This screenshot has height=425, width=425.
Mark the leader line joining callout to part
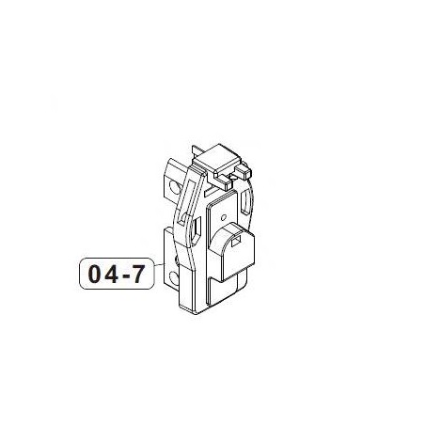[x=156, y=275]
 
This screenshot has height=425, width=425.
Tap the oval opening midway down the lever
[x=193, y=231]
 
